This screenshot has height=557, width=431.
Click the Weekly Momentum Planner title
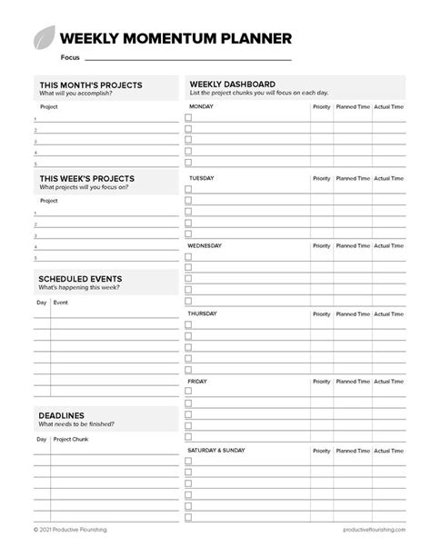pos(175,38)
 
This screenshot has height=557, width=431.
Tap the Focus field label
pos(70,57)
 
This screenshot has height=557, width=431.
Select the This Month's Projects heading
pos(91,85)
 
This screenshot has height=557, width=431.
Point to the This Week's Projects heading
pos(87,179)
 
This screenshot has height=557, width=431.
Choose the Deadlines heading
pos(62,415)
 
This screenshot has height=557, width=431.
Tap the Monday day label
pos(202,106)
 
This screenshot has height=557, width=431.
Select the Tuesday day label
pos(201,177)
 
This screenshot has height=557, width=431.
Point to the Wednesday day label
pos(205,245)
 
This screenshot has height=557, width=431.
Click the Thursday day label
pos(203,313)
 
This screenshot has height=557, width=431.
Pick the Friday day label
pos(197,382)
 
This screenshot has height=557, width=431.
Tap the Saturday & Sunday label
pos(216,450)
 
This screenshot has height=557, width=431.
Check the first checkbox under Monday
pos(189,118)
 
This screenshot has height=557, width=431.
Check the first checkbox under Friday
pos(189,392)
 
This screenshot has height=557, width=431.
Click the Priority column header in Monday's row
pos(322,106)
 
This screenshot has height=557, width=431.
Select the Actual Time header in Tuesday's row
pos(389,177)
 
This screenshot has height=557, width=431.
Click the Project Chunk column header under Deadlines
pos(71,439)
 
